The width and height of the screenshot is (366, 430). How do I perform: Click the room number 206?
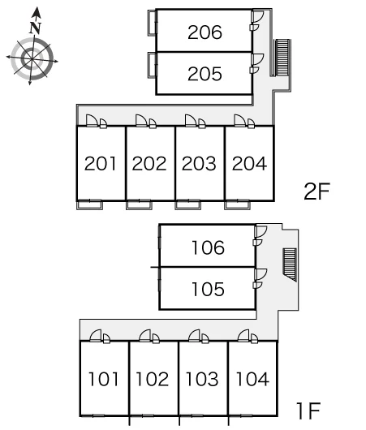coord(205,32)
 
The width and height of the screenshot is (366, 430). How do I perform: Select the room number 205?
coord(205,74)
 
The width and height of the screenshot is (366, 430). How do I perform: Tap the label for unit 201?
coord(100,163)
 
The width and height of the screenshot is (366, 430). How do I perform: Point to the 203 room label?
coord(199,163)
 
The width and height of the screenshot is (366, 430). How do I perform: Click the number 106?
coord(208,247)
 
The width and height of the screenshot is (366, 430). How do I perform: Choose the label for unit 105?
coord(208,290)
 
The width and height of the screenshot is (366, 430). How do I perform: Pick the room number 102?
coord(153,379)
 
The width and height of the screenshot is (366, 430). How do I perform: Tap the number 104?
coord(252,379)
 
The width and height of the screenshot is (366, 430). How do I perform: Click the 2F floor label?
coord(316,191)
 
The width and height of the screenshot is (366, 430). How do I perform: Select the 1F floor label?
coord(308,411)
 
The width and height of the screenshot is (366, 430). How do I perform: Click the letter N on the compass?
coord(36,28)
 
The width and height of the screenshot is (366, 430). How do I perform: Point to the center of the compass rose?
coord(32,59)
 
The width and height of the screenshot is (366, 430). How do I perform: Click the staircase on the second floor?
coord(282,58)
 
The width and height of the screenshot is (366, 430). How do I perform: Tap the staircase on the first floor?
coord(290,264)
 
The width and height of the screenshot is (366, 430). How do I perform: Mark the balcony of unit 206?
coord(152,23)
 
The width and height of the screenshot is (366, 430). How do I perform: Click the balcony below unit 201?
coord(89,205)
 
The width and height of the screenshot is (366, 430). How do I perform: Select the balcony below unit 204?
coord(237,205)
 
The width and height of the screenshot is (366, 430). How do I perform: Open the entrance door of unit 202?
coord(141,121)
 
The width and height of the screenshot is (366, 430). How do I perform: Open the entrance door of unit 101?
coord(96,336)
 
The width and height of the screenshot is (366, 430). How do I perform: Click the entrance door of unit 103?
coord(195,336)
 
